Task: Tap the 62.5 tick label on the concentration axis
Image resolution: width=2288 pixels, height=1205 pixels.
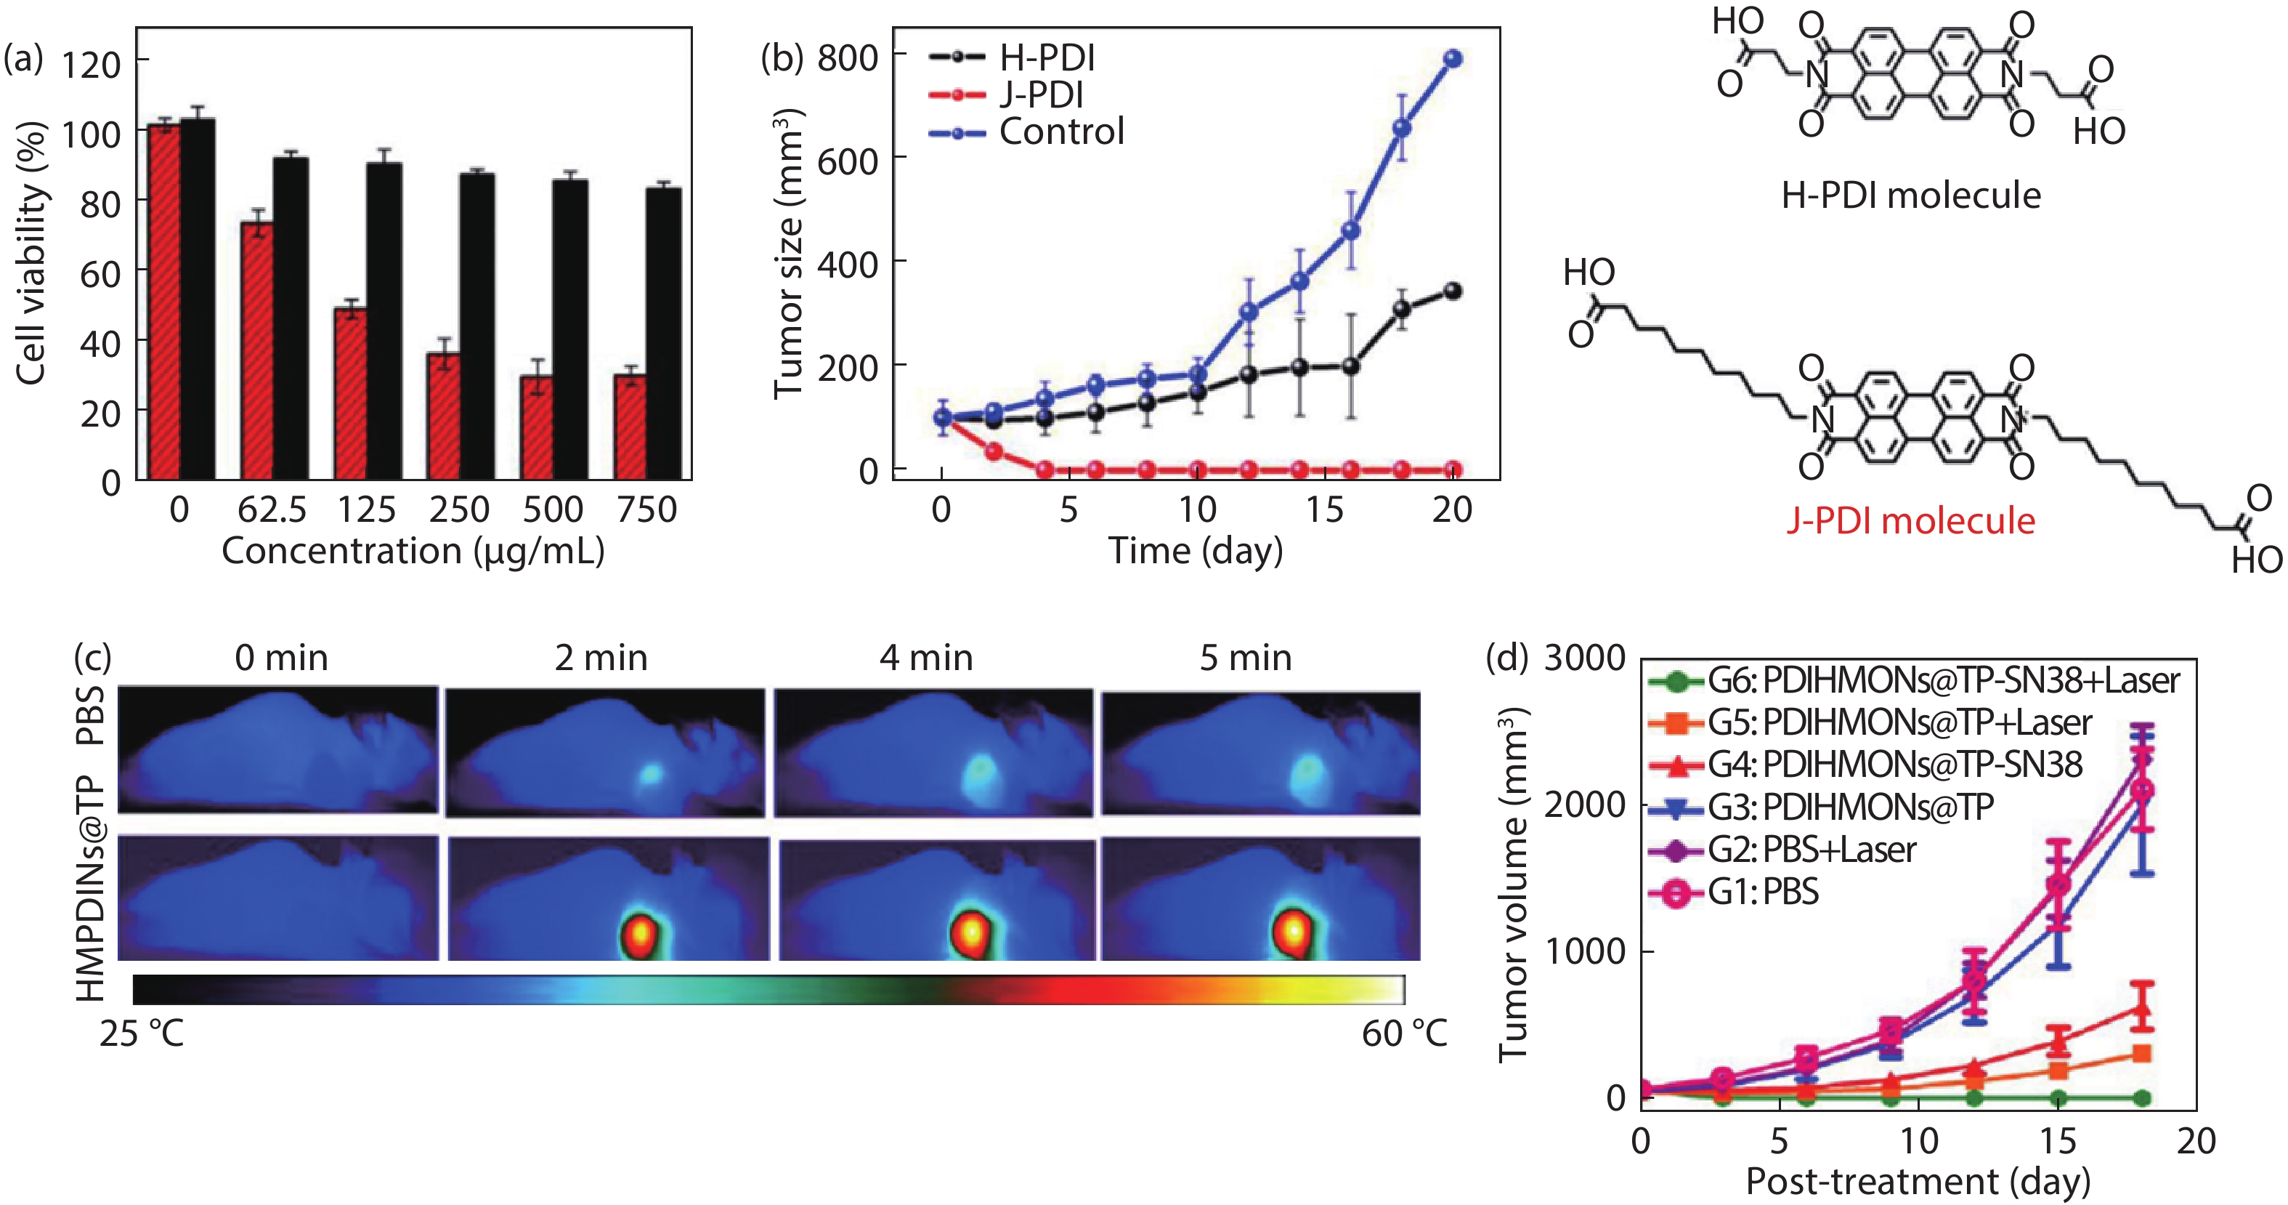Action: tap(272, 510)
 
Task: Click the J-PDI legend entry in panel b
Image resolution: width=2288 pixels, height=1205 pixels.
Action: tap(1040, 94)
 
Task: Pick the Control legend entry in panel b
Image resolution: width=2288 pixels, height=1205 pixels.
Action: tap(1061, 132)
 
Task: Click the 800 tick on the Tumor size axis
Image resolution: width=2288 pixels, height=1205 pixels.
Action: tap(848, 57)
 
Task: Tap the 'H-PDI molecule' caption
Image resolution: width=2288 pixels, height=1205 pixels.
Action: tap(1910, 196)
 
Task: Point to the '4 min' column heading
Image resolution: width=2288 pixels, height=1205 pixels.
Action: tap(926, 658)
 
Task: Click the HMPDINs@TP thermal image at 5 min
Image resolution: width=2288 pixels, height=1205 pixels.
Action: tap(1260, 898)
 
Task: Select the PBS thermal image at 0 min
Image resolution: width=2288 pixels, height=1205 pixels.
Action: tap(278, 750)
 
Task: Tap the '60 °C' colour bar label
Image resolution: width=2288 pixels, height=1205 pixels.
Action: tap(1404, 1033)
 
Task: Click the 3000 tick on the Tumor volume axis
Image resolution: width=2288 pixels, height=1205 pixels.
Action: tap(1585, 658)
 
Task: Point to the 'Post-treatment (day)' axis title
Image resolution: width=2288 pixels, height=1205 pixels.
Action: tap(1918, 1182)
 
